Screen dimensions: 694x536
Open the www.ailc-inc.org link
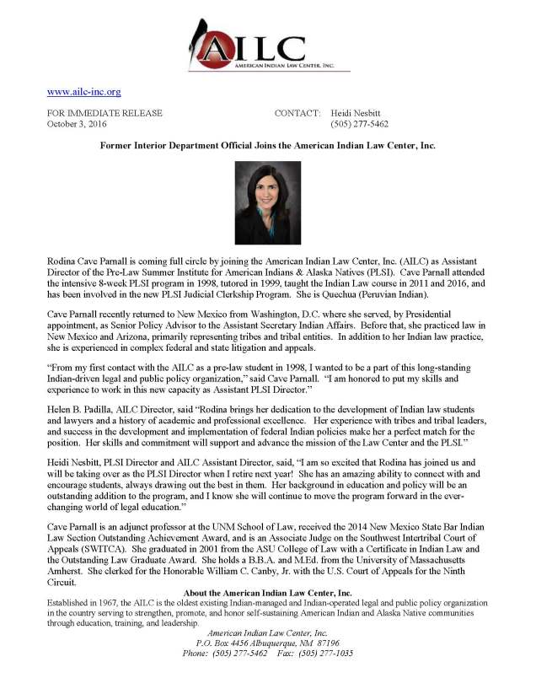click(84, 91)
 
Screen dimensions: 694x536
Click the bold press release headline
click(267, 146)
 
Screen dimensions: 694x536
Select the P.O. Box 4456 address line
click(267, 643)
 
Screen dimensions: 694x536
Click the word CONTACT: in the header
click(297, 113)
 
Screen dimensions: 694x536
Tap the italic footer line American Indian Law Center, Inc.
click(267, 632)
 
